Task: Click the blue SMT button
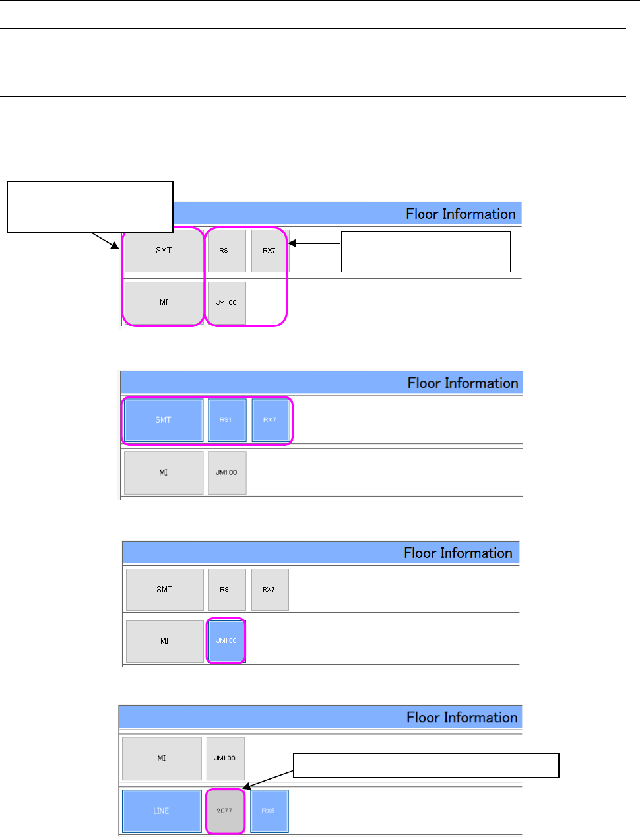click(163, 419)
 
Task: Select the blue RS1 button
click(226, 419)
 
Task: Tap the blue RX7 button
click(270, 419)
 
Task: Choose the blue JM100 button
click(226, 640)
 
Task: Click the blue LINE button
click(162, 811)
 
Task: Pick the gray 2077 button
click(225, 811)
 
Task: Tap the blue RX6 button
click(269, 811)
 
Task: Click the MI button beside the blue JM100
click(164, 640)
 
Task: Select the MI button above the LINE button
click(162, 759)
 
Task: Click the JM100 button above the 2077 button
click(225, 759)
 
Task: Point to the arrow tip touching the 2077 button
click(244, 788)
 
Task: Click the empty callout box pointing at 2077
click(426, 766)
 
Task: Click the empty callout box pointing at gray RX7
click(426, 251)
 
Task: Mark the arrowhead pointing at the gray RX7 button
click(290, 243)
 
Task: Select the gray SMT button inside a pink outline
click(164, 251)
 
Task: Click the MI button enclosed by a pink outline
click(164, 303)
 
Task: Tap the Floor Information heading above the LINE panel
click(461, 718)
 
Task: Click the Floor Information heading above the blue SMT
click(463, 383)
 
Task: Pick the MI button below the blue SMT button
click(164, 472)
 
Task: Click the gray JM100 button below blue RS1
click(227, 472)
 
